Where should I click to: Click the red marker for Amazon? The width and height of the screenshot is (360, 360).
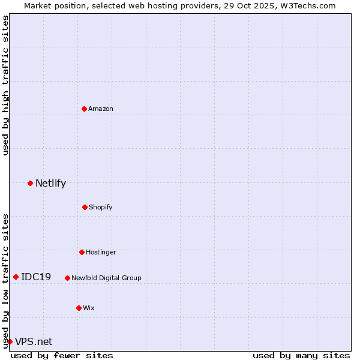click(84, 109)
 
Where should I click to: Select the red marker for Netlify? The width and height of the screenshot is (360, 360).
click(30, 183)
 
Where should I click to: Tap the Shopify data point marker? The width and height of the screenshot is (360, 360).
click(85, 207)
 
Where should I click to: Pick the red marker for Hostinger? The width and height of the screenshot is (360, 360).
click(82, 252)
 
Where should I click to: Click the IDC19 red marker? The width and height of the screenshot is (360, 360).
click(16, 277)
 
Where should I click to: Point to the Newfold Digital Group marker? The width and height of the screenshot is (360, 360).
click(67, 278)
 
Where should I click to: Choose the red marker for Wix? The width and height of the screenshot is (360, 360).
click(79, 308)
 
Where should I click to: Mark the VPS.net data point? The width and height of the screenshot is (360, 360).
click(10, 341)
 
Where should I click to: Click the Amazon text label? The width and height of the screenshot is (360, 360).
click(101, 109)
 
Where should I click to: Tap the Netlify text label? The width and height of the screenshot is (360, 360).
click(50, 184)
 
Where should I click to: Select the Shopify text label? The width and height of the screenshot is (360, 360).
click(101, 207)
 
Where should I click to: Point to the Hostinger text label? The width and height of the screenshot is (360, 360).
click(101, 252)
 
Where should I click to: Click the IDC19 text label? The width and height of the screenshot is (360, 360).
click(36, 277)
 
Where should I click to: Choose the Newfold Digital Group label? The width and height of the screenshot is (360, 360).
click(106, 278)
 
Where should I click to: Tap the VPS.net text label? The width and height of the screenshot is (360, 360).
click(34, 342)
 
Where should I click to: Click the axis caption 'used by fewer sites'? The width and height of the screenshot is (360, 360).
click(62, 355)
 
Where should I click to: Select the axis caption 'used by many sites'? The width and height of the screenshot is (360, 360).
click(301, 355)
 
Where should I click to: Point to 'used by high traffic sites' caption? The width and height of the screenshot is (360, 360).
click(5, 85)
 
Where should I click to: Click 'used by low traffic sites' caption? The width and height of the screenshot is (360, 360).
click(5, 280)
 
